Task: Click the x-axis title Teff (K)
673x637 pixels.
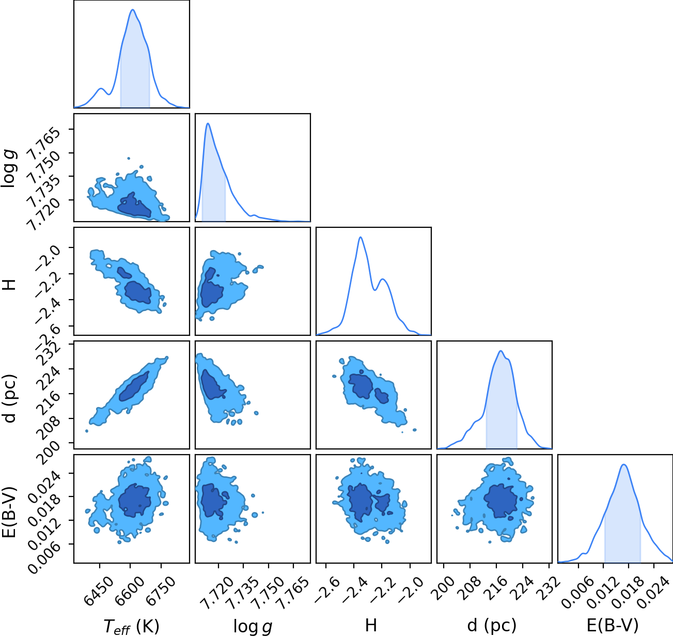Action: tap(132, 626)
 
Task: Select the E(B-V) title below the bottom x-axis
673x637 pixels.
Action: tap(613, 625)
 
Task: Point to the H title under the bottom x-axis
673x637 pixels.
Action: tap(371, 625)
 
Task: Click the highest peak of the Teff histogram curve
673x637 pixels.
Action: tap(133, 10)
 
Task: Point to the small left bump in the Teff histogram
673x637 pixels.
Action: tap(101, 88)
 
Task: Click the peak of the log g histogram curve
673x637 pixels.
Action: tap(208, 123)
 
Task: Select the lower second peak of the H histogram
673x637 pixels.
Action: tap(383, 279)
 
